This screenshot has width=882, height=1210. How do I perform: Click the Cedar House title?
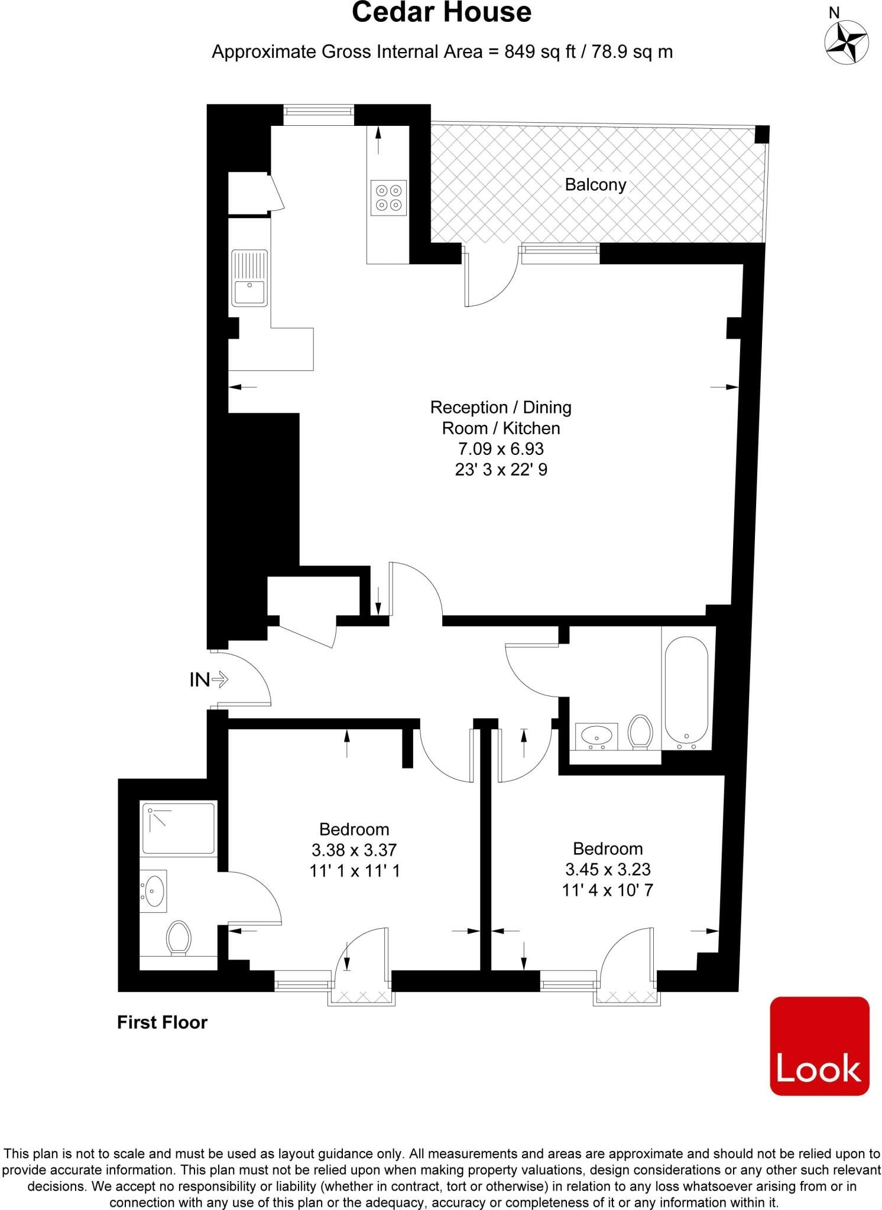441,13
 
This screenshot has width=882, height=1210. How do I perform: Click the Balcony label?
595,185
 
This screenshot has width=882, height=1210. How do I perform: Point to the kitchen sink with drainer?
249,278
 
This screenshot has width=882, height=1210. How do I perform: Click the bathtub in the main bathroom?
686,692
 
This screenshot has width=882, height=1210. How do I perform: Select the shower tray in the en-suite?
179,828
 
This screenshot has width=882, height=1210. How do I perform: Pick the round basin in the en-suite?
154,890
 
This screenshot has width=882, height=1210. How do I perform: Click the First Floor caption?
162,1023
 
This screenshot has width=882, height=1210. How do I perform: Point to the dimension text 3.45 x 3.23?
607,869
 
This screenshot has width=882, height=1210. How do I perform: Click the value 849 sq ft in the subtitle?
540,52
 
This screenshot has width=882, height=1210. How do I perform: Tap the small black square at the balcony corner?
763,135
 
